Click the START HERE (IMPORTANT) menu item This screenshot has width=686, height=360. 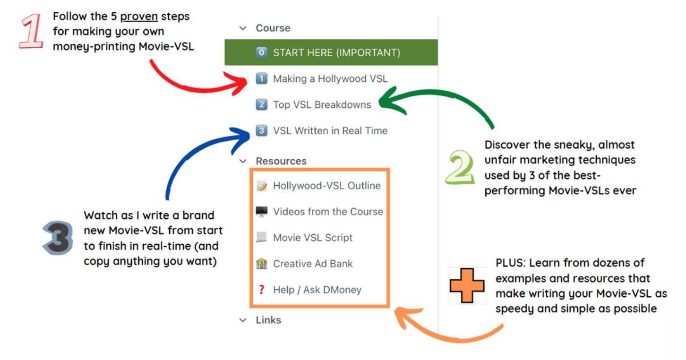click(336, 52)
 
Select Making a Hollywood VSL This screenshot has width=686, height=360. click(330, 79)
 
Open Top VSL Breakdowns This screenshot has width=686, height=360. click(322, 105)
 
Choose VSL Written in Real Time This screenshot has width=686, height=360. click(330, 131)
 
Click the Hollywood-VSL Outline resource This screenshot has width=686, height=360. click(326, 186)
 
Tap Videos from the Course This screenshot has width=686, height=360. click(328, 212)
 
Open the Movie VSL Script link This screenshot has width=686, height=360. click(312, 238)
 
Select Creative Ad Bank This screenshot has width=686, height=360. click(312, 264)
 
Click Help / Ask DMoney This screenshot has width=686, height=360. click(317, 290)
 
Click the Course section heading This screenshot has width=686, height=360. click(273, 28)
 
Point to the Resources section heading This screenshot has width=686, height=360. click(281, 161)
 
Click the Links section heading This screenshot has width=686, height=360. click(268, 320)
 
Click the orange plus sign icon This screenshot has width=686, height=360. click(467, 285)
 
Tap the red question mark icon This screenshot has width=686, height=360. click(261, 290)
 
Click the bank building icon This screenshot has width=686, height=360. click(261, 264)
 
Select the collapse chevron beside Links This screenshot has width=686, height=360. click(243, 320)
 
